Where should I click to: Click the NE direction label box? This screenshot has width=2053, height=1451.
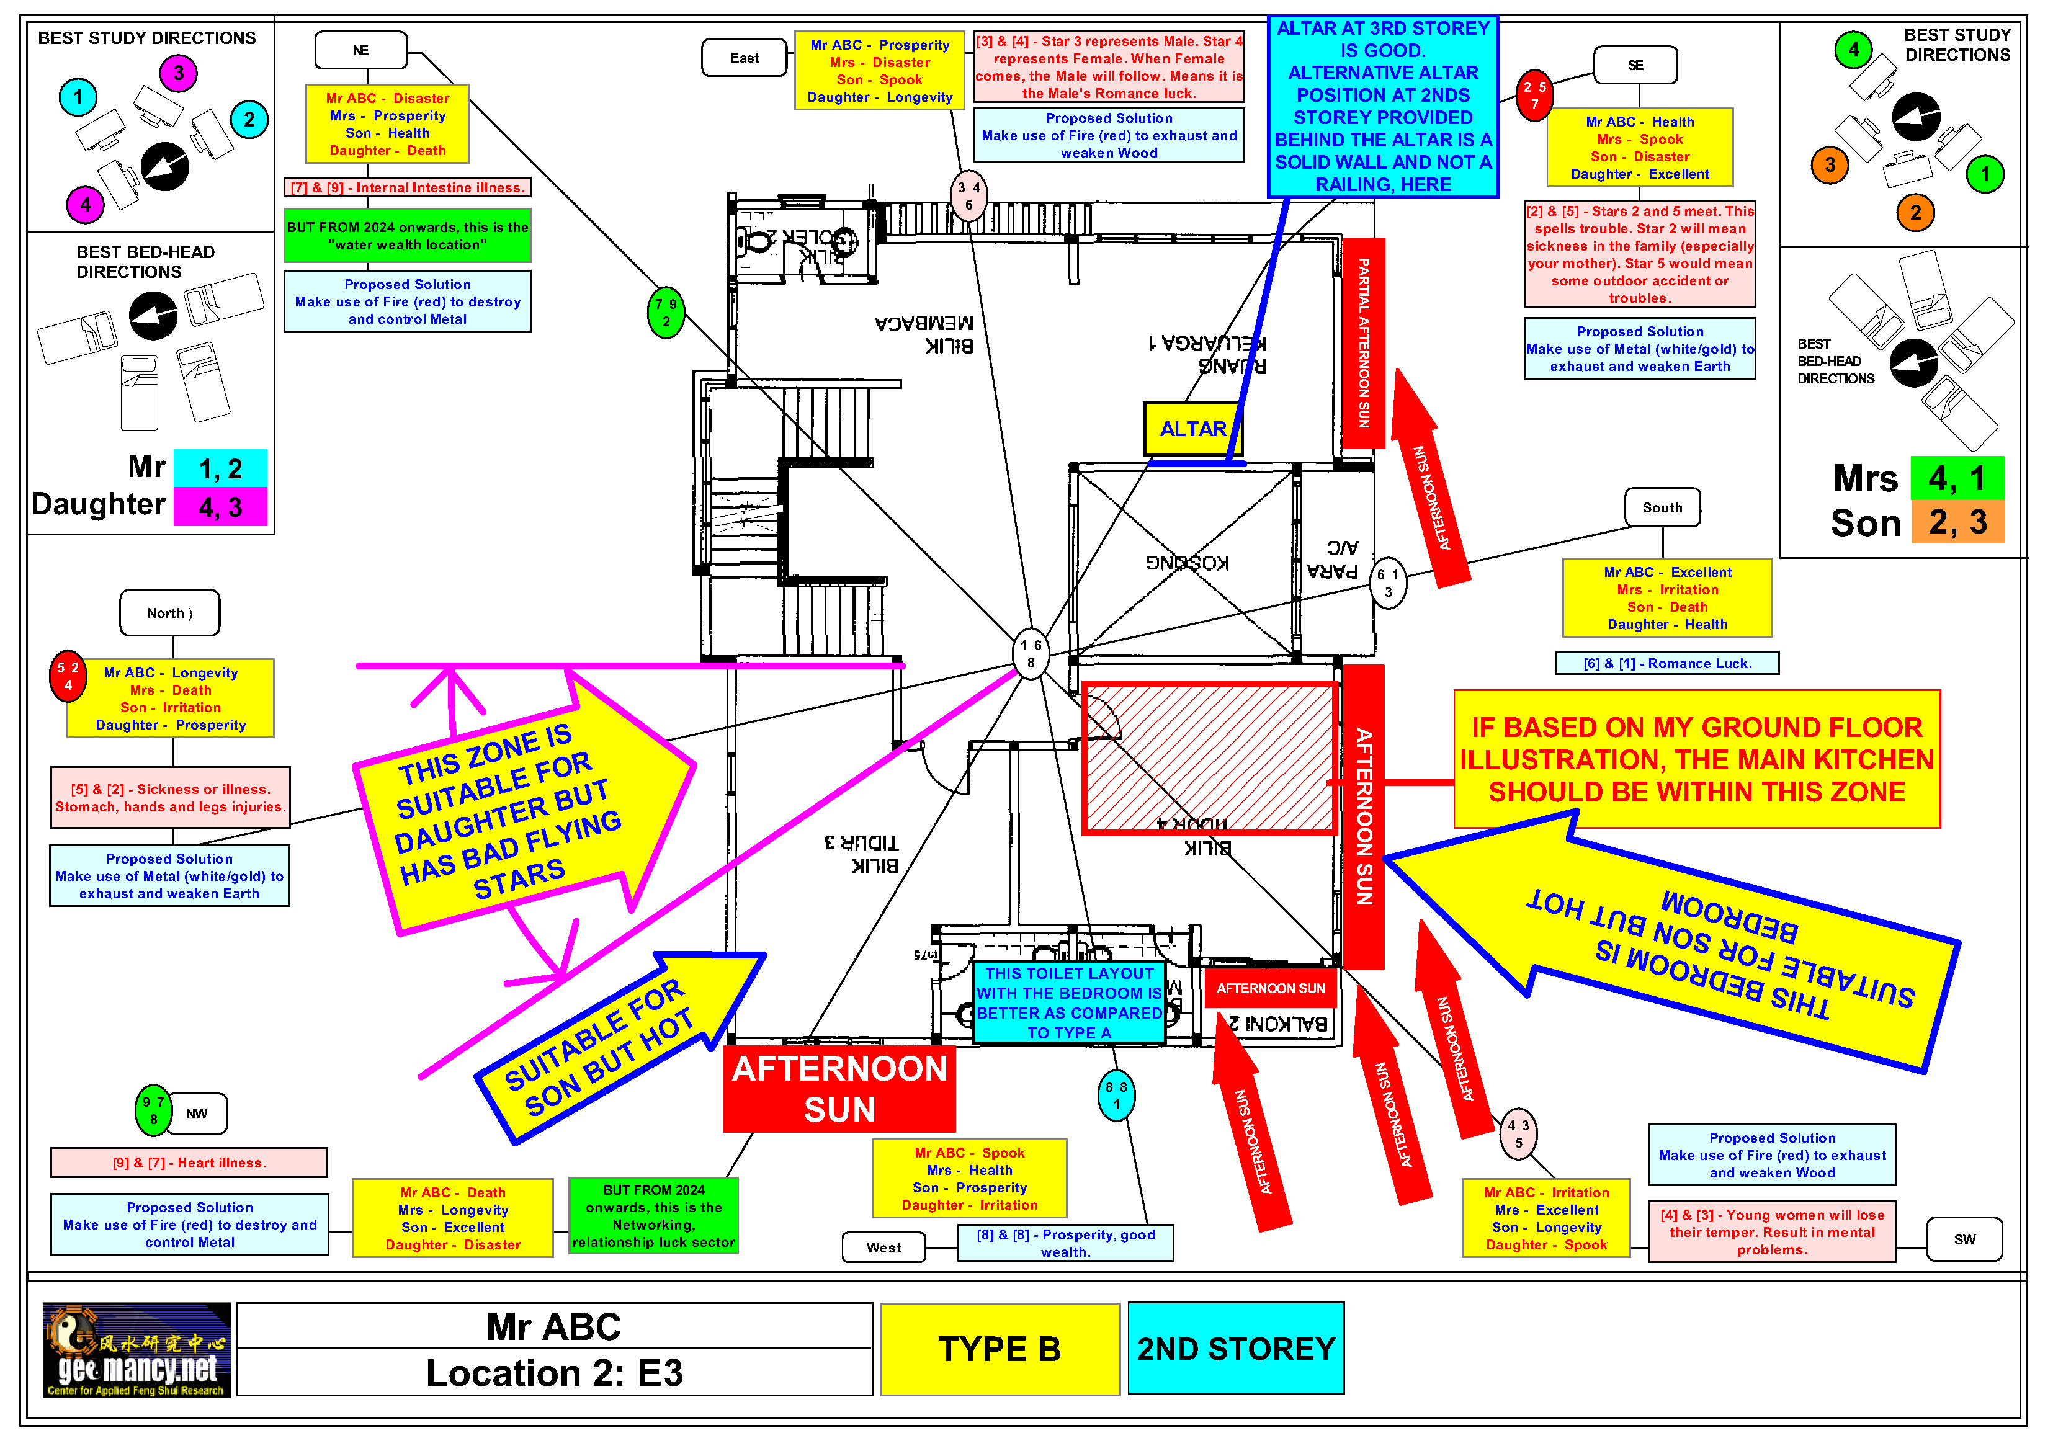click(x=360, y=50)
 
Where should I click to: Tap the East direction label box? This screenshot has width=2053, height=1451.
click(x=744, y=58)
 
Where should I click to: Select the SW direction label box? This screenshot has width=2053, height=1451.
click(x=1964, y=1239)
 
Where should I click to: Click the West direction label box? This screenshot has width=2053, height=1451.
click(x=883, y=1247)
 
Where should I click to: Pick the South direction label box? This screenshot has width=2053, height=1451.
click(x=1662, y=508)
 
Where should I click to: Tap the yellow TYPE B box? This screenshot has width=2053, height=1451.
click(x=999, y=1348)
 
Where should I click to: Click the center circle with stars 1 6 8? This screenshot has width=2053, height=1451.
click(x=1030, y=653)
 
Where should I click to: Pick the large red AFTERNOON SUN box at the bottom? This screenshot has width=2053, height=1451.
click(x=839, y=1089)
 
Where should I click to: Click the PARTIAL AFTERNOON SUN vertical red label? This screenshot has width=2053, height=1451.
click(x=1362, y=342)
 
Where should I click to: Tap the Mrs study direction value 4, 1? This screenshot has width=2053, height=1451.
click(x=1956, y=478)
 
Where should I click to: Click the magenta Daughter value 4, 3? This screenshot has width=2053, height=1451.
click(x=220, y=507)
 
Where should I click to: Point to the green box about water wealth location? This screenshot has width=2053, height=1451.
click(x=407, y=236)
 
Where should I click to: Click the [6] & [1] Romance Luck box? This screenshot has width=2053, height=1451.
click(x=1666, y=663)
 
